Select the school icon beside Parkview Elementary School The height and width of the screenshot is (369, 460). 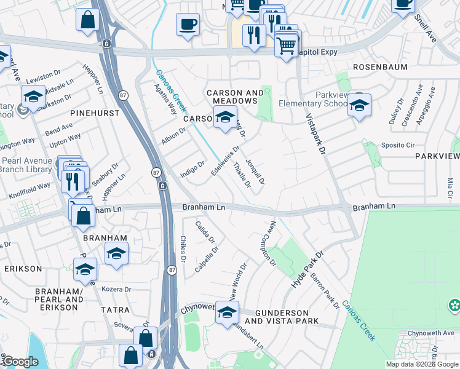click(x=359, y=105)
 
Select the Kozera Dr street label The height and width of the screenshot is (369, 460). click(x=116, y=288)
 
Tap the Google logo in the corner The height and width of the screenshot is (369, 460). click(x=20, y=362)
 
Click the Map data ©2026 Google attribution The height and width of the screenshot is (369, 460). click(x=422, y=364)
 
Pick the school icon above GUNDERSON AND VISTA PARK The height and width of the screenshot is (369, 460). click(x=227, y=312)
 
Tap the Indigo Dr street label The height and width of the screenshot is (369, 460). click(x=192, y=170)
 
